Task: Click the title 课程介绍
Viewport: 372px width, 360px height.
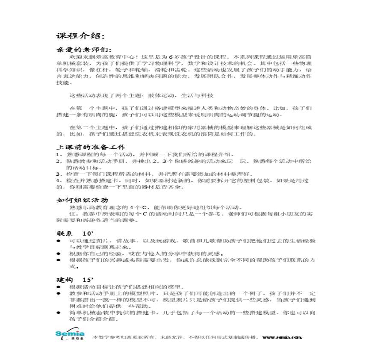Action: [80, 35]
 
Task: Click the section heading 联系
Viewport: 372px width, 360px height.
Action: [65, 233]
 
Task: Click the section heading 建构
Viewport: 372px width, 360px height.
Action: [65, 280]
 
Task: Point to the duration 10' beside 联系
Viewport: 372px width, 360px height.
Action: [88, 233]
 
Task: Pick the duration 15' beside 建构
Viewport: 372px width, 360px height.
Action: [88, 280]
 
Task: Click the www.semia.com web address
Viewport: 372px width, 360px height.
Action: [282, 337]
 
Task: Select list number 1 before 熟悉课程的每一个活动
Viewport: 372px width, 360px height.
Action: [58, 154]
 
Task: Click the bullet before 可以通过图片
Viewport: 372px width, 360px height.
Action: [59, 241]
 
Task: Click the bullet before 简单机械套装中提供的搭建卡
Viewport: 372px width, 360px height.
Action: [59, 313]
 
